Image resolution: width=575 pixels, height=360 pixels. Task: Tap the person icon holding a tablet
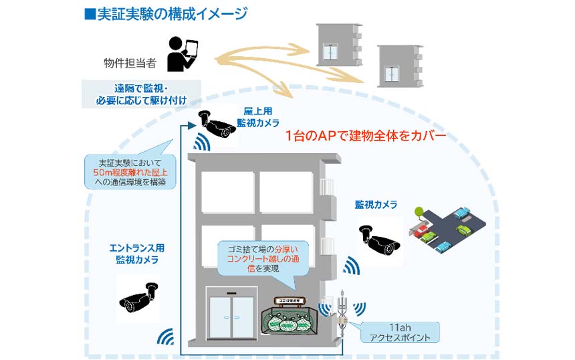(183, 55)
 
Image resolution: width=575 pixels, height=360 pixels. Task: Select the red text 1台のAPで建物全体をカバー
(365, 137)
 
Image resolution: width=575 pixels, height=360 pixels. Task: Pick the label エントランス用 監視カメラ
(137, 254)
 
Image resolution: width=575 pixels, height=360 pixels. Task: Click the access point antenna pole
(343, 314)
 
